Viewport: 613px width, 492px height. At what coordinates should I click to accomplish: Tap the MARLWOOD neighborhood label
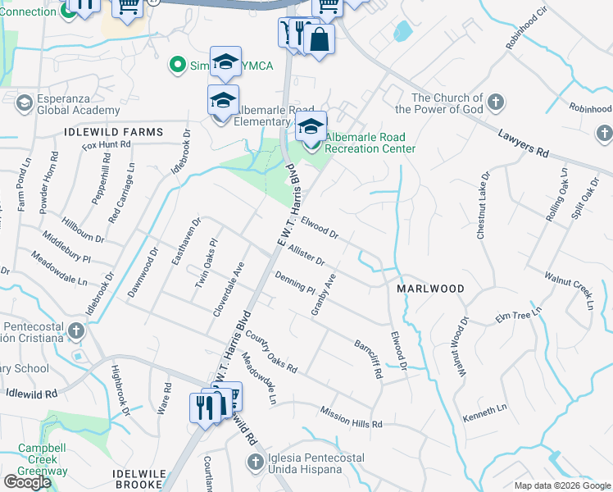pos(430,289)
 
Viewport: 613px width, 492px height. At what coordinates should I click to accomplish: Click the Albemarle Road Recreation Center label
pos(370,143)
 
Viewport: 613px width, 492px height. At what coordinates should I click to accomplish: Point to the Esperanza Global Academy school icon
pos(25,103)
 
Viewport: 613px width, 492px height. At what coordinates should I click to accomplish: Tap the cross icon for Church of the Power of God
pos(495,103)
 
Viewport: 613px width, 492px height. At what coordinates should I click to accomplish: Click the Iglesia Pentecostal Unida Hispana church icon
pos(255,462)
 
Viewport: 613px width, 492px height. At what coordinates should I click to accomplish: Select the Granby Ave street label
pos(323,294)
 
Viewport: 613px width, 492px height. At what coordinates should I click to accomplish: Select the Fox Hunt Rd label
pos(107,144)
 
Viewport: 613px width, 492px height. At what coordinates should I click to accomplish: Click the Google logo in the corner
pos(28,482)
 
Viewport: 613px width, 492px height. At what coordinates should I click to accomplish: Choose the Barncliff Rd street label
pos(369,359)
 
